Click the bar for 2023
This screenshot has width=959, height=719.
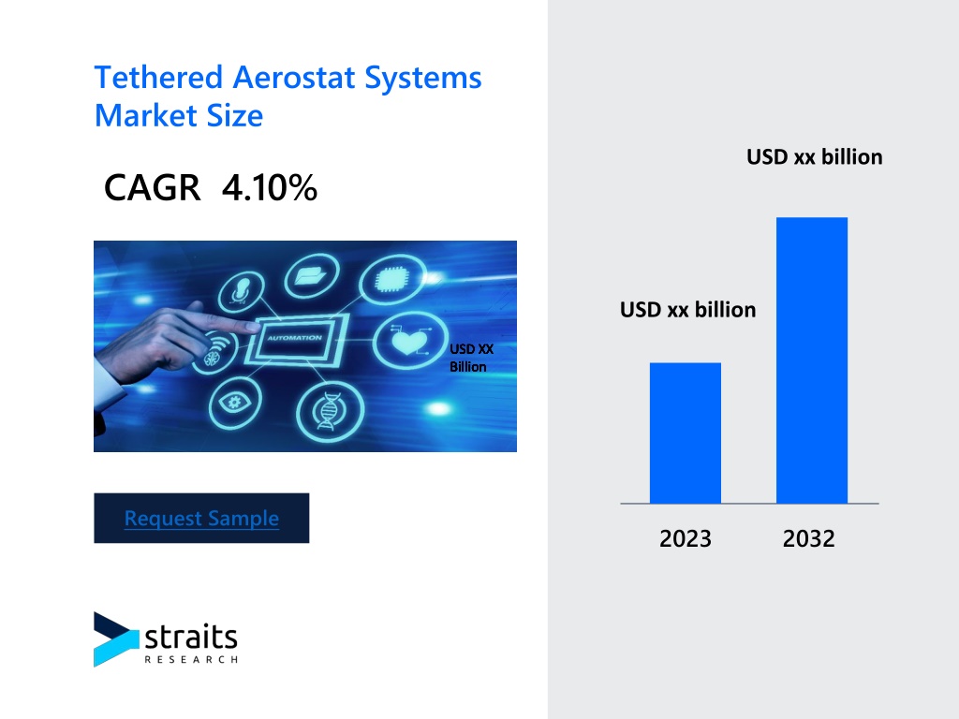click(685, 433)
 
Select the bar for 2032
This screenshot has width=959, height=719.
click(812, 360)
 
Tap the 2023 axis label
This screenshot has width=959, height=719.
click(685, 538)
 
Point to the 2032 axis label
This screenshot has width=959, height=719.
click(808, 538)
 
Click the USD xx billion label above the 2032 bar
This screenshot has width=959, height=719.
click(815, 157)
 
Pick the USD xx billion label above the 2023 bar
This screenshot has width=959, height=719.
click(688, 310)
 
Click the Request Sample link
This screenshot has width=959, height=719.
click(201, 519)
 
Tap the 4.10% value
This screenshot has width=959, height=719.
click(270, 187)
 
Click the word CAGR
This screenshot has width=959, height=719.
click(153, 187)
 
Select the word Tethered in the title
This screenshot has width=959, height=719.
click(158, 78)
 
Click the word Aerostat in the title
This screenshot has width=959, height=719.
click(294, 78)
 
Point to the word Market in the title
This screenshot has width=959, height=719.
click(145, 115)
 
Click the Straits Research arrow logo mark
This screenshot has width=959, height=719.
click(116, 638)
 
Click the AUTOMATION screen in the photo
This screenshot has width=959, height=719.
click(296, 338)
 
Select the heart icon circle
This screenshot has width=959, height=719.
click(410, 340)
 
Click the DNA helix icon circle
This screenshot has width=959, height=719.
click(331, 412)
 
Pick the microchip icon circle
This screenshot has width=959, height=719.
click(392, 281)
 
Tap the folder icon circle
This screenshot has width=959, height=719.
click(312, 276)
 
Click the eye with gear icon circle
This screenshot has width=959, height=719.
click(235, 403)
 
